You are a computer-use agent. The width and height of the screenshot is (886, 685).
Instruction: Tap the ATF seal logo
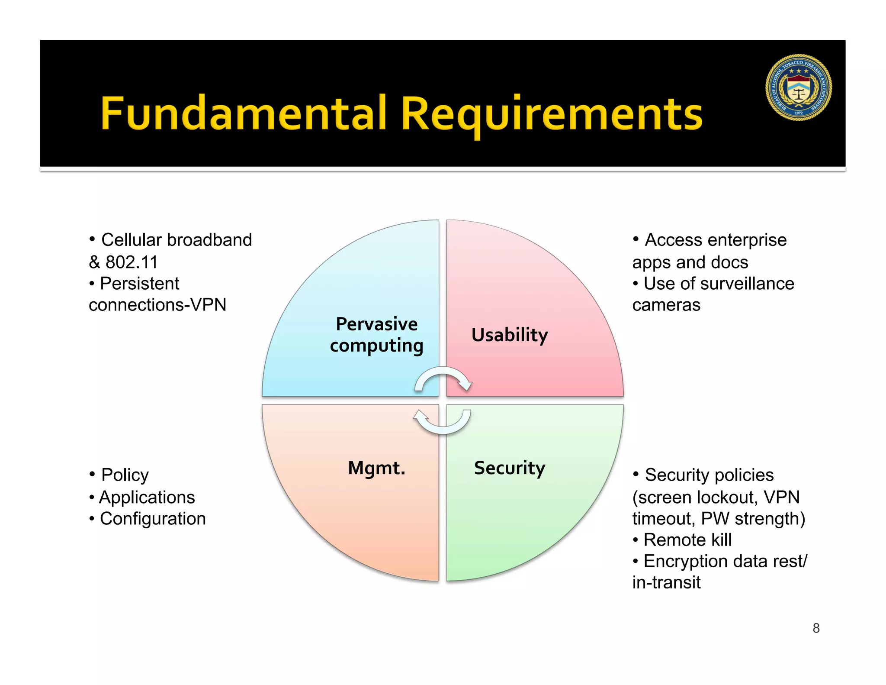click(798, 87)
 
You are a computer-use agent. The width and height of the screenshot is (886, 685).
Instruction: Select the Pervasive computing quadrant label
click(376, 335)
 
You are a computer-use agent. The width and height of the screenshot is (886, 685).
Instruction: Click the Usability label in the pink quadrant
click(510, 335)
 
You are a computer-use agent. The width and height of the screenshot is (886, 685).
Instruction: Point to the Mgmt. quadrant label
click(376, 468)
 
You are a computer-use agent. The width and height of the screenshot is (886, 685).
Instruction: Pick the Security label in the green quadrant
click(510, 468)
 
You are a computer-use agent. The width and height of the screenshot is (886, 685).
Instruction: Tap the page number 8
click(816, 628)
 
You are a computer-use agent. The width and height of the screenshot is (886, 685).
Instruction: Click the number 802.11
click(132, 262)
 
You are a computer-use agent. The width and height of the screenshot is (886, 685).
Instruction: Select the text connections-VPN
click(157, 305)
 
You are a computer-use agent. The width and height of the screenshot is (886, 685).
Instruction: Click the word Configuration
click(153, 519)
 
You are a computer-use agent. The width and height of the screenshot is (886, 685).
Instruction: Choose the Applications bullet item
click(147, 498)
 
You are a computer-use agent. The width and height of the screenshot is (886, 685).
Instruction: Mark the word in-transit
click(666, 582)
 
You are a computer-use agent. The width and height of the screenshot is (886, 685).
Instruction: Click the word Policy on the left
click(125, 475)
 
